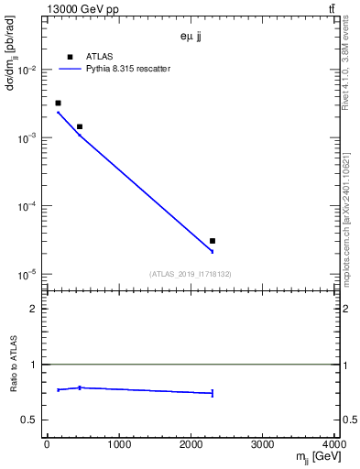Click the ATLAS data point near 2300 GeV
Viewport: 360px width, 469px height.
click(x=213, y=241)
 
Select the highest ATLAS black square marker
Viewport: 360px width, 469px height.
click(x=58, y=104)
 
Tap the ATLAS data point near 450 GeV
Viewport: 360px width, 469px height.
click(x=80, y=126)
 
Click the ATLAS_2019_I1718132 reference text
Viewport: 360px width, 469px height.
click(x=191, y=273)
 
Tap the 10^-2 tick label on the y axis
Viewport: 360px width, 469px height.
click(x=27, y=70)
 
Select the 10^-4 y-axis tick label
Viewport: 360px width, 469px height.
click(x=27, y=206)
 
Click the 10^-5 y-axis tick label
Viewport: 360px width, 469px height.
click(x=27, y=274)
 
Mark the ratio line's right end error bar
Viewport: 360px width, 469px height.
click(x=213, y=393)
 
